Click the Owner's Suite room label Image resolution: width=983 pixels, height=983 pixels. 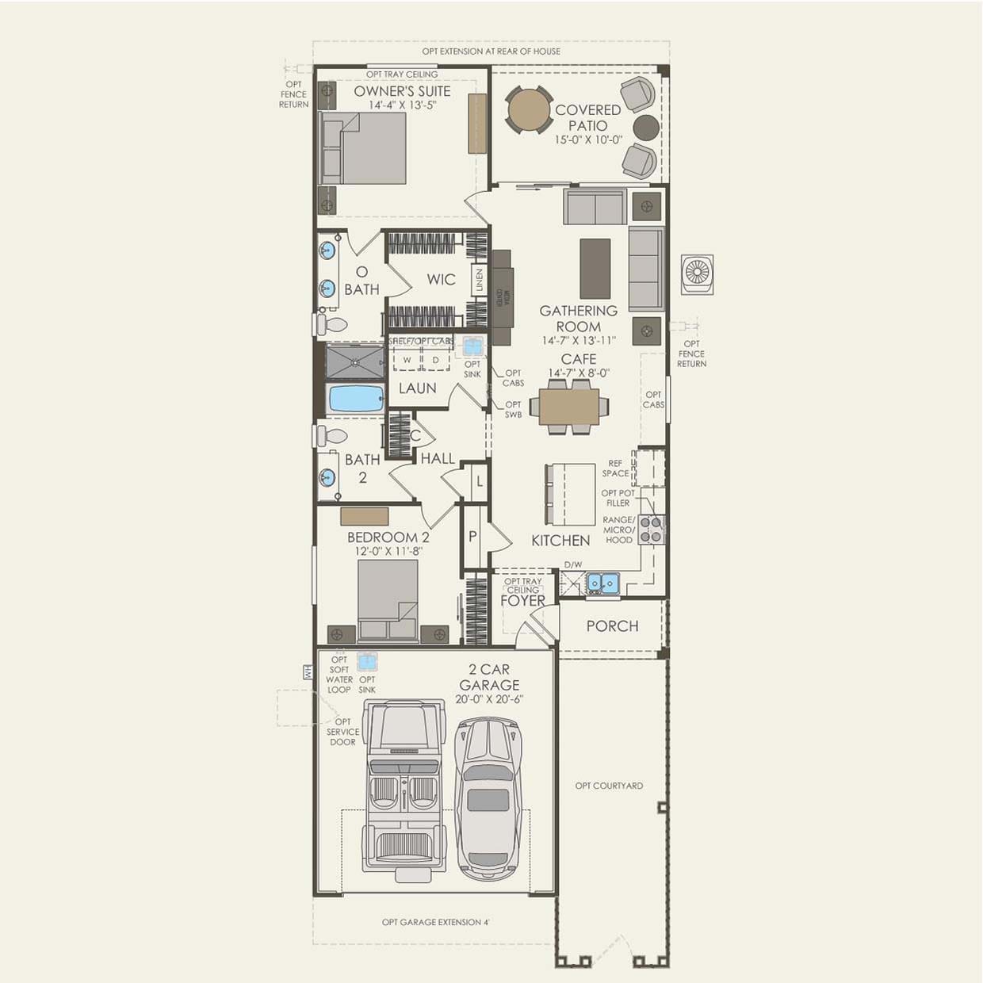click(402, 91)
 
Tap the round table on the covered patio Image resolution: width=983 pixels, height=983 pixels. click(529, 110)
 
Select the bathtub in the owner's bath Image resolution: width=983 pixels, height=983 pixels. click(355, 398)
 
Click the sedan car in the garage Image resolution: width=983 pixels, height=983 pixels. click(488, 793)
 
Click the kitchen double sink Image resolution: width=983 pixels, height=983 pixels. click(602, 583)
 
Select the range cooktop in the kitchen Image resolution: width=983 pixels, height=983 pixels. click(651, 530)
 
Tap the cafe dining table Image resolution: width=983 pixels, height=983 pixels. click(568, 407)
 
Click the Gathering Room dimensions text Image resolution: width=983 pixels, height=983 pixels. click(578, 341)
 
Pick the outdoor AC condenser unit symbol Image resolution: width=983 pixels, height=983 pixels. click(697, 273)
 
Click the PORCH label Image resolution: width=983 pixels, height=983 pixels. click(612, 626)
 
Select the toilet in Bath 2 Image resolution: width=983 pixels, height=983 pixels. click(332, 436)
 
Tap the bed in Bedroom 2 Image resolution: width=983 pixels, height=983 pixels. click(387, 599)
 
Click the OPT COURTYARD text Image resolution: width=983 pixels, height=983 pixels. click(609, 786)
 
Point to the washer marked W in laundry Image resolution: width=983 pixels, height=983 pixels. click(407, 360)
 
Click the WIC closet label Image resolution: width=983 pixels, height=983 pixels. click(441, 279)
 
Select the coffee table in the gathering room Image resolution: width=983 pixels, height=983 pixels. click(595, 269)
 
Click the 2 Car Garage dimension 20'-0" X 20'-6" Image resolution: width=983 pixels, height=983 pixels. click(489, 700)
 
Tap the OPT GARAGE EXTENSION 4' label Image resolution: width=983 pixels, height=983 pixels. click(435, 922)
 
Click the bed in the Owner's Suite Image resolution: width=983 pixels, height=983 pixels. click(363, 149)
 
